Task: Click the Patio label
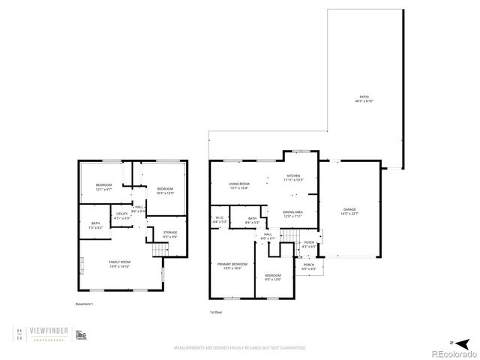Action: pos(364,98)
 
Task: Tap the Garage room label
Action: pos(349,211)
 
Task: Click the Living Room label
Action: pos(238,184)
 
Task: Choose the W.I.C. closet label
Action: pos(219,220)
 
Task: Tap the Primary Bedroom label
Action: pos(232,265)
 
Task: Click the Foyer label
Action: pos(308,244)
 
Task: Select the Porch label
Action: pos(307,266)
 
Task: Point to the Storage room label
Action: pos(170,235)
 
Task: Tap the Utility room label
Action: pos(121,217)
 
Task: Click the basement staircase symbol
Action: pos(158,249)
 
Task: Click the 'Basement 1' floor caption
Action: pos(85,304)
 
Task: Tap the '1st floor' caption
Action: pos(216,311)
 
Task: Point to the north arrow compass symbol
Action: pos(452,342)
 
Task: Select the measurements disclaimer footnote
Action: pos(240,348)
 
